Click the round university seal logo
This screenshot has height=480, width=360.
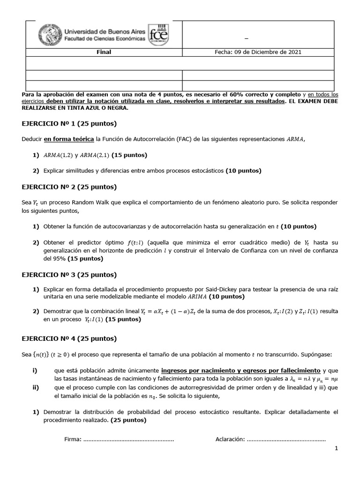pyautogui.click(x=48, y=34)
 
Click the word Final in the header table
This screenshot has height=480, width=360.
pyautogui.click(x=104, y=52)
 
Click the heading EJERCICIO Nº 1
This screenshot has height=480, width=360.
pyautogui.click(x=69, y=124)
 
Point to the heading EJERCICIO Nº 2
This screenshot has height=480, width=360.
pyautogui.click(x=69, y=187)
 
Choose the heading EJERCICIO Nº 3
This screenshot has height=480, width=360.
pyautogui.click(x=69, y=275)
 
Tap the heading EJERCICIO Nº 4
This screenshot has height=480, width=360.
pyautogui.click(x=69, y=338)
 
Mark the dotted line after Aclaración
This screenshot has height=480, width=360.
pyautogui.click(x=286, y=439)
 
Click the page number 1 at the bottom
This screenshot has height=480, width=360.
pyautogui.click(x=336, y=449)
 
